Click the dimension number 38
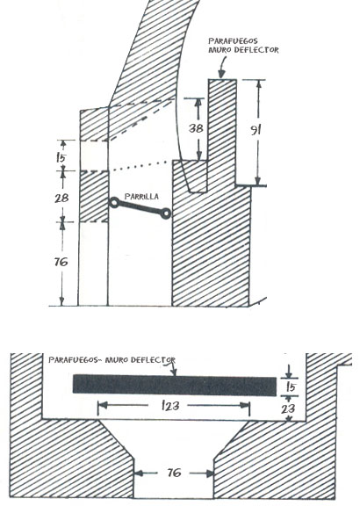196,128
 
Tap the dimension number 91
256,130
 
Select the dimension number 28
61,198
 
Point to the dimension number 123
170,405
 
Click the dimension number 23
288,408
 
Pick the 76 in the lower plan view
174,473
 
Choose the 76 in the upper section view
61,262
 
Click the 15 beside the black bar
291,387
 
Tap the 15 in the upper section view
61,158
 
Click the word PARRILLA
141,197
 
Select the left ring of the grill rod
114,203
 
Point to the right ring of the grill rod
166,213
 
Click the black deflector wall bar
175,385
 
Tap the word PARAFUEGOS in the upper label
233,41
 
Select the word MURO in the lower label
115,360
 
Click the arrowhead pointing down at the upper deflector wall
221,74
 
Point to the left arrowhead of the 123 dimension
102,405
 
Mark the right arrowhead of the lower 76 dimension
210,473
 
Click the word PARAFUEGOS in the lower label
73,360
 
